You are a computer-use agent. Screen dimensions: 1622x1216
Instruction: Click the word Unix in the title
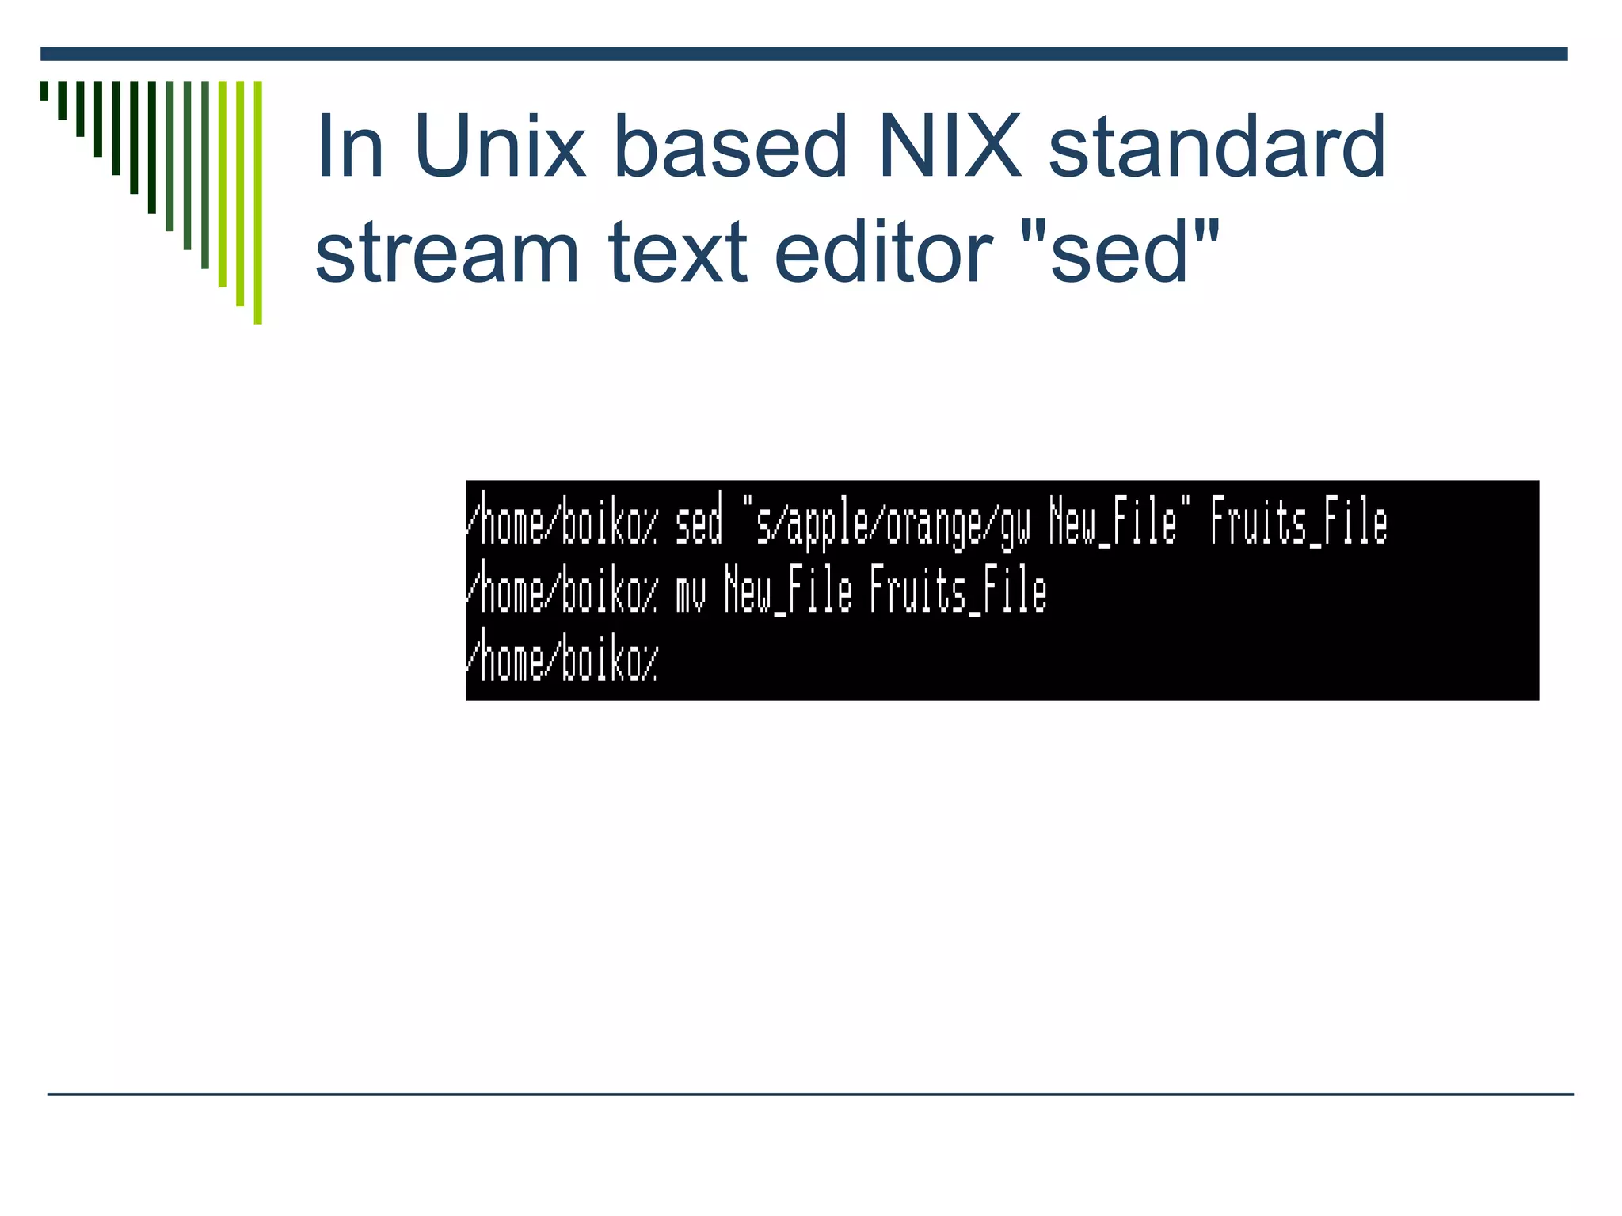499,146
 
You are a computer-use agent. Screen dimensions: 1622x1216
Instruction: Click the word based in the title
730,146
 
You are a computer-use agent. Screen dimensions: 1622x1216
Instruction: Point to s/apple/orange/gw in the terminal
893,524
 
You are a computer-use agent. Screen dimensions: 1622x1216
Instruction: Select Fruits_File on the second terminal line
958,592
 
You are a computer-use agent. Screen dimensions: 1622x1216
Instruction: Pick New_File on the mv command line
788,592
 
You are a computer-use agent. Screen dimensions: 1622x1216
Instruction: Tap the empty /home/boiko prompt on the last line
562,662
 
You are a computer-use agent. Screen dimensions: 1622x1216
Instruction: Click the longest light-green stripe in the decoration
258,202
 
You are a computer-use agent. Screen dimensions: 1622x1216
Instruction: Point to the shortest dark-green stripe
44,90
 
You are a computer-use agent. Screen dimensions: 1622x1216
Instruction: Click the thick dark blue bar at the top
804,54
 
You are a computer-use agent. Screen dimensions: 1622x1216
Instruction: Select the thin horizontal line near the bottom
810,1094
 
